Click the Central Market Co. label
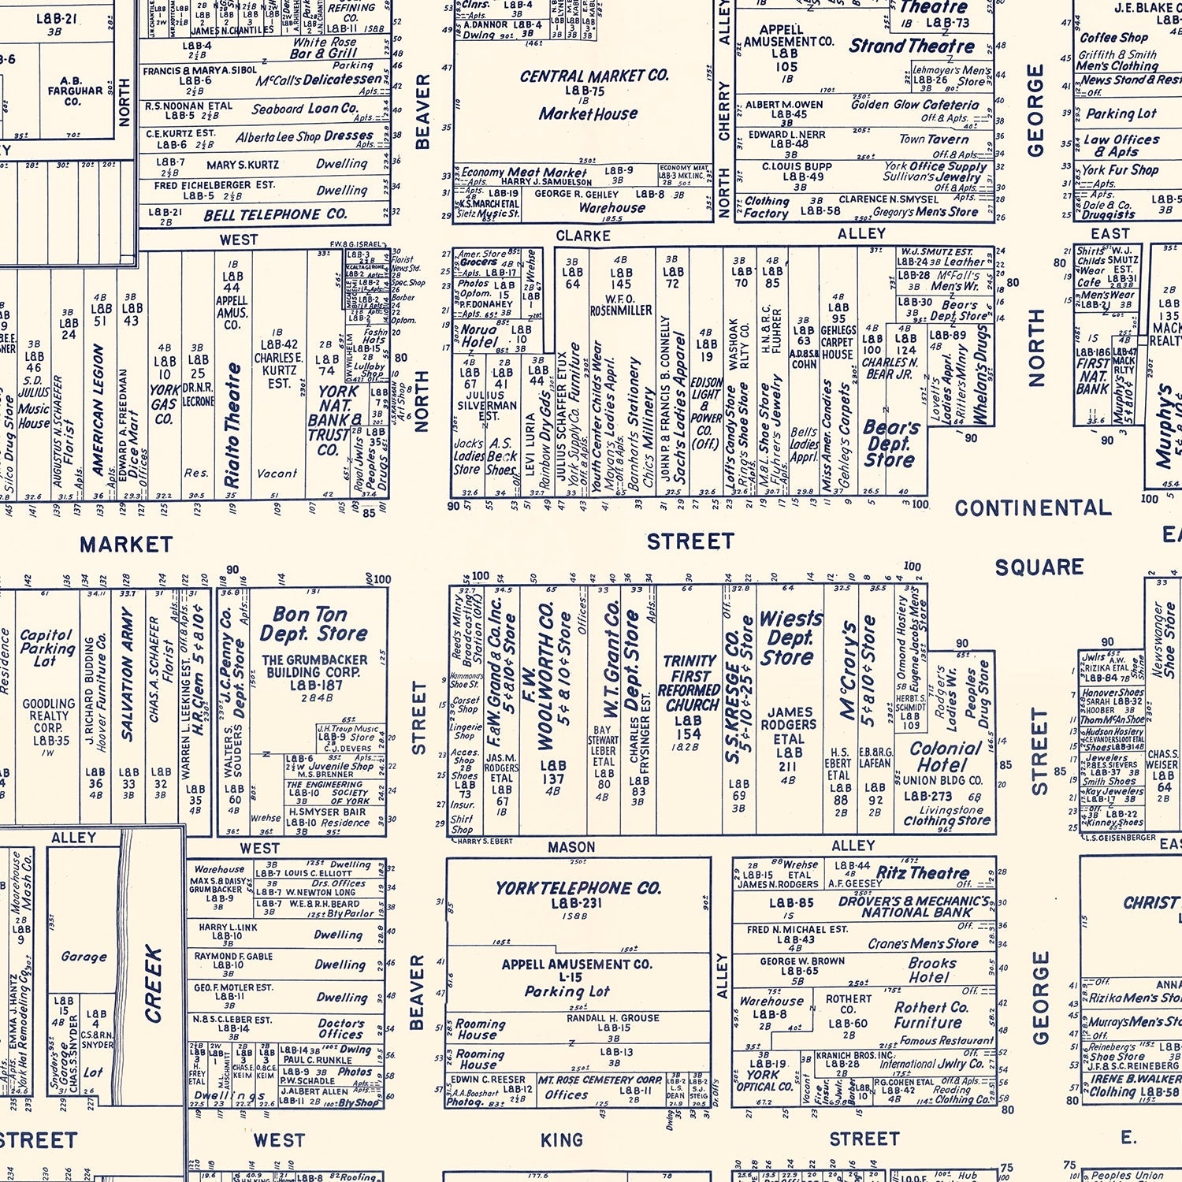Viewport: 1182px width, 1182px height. pyautogui.click(x=594, y=76)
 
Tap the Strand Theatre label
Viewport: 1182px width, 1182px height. pyautogui.click(x=912, y=46)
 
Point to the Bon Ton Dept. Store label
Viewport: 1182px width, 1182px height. pyautogui.click(x=314, y=623)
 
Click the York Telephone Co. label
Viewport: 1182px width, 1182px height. pyautogui.click(x=578, y=888)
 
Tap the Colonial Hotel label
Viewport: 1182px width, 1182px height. pyautogui.click(x=946, y=756)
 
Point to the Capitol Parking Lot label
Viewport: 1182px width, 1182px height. pyautogui.click(x=46, y=647)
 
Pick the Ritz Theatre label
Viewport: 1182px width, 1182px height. pyautogui.click(x=923, y=872)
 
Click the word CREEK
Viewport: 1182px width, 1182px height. pyautogui.click(x=153, y=984)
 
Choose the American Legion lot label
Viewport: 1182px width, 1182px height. pyautogui.click(x=98, y=410)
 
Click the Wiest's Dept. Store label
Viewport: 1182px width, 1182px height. pyautogui.click(x=790, y=637)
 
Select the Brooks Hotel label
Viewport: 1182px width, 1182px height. pyautogui.click(x=931, y=969)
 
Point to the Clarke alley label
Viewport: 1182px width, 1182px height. pyautogui.click(x=583, y=236)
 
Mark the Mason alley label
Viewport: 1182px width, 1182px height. pyautogui.click(x=571, y=847)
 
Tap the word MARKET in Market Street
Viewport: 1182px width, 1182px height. pyautogui.click(x=126, y=545)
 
